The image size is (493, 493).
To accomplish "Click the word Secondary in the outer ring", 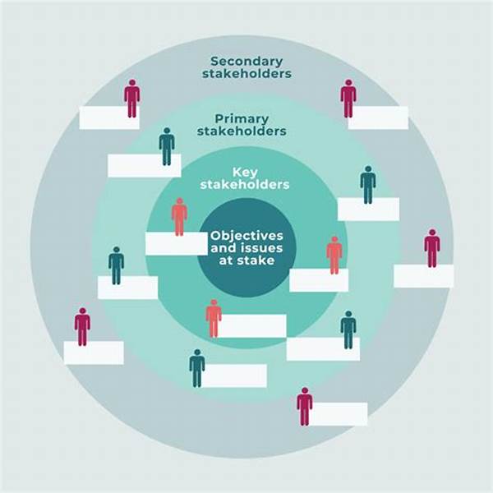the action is click(x=246, y=62).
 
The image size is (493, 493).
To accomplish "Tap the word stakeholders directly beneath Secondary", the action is click(x=246, y=74).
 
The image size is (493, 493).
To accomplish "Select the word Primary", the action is click(x=242, y=119).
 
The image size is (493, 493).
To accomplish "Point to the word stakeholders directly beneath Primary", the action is click(x=242, y=131).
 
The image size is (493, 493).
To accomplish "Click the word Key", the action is click(x=245, y=173).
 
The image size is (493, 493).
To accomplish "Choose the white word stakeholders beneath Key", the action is click(x=245, y=185).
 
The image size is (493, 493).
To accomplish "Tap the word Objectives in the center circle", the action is click(x=246, y=236).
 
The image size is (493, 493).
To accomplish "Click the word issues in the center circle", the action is click(x=264, y=248).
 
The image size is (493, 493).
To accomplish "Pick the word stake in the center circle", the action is click(x=256, y=260).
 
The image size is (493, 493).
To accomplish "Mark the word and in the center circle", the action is click(x=225, y=248).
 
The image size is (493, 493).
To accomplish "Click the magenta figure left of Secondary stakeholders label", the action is click(x=132, y=99).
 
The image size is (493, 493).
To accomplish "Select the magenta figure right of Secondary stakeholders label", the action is click(x=348, y=99).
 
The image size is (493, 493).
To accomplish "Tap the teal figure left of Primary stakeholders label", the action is click(x=167, y=146).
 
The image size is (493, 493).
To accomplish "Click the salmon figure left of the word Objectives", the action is click(x=179, y=217).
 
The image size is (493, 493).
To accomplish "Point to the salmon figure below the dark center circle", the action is click(x=214, y=319).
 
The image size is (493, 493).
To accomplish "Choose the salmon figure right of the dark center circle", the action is click(x=334, y=256).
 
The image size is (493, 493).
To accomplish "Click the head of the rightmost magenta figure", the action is click(x=432, y=233).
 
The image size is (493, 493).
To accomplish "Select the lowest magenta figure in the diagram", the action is click(x=305, y=406).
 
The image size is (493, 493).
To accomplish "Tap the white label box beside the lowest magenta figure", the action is click(x=339, y=414).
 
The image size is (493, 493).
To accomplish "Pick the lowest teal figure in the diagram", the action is click(x=197, y=368).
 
